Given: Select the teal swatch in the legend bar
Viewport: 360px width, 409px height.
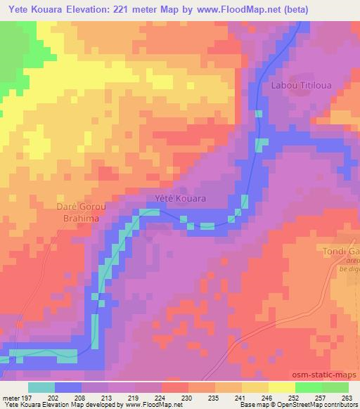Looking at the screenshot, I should coord(41,387).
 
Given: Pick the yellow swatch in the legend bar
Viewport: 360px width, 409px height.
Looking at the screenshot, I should coord(281,387).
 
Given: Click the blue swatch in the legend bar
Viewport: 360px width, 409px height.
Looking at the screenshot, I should coord(68,387).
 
